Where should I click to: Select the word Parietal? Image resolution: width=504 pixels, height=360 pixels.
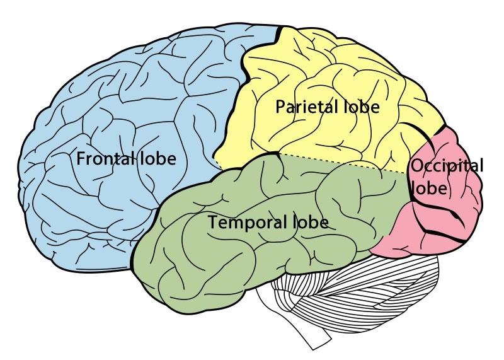pyautogui.click(x=303, y=107)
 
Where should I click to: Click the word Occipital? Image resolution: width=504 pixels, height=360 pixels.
pyautogui.click(x=447, y=166)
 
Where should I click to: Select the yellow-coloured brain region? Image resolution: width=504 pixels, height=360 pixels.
pyautogui.click(x=328, y=69)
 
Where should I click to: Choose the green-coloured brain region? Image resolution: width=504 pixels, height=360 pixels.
pyautogui.click(x=208, y=265)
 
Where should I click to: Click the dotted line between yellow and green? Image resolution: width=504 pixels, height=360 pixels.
pyautogui.click(x=340, y=162)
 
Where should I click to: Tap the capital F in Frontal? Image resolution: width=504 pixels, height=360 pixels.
pyautogui.click(x=81, y=158)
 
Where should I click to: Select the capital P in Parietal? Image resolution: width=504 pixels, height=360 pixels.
pyautogui.click(x=280, y=107)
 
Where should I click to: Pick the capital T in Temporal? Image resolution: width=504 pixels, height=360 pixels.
pyautogui.click(x=213, y=223)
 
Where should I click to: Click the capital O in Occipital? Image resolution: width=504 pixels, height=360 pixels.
pyautogui.click(x=416, y=166)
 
